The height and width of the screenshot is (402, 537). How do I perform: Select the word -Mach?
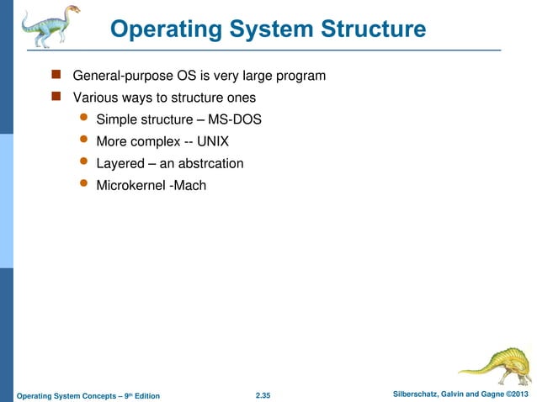188,185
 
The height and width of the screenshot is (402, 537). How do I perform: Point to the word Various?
97,98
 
